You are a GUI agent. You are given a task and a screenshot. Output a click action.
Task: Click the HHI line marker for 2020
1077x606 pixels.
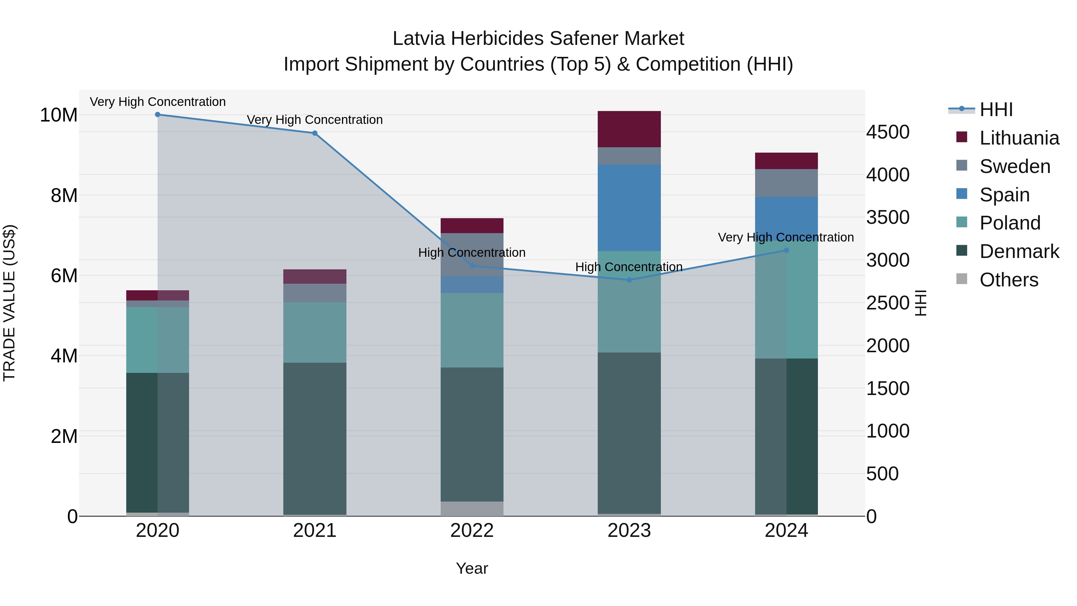[x=158, y=115]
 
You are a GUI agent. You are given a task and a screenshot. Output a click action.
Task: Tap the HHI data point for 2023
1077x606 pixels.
[x=629, y=280]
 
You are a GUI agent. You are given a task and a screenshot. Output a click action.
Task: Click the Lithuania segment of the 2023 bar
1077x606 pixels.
[x=629, y=129]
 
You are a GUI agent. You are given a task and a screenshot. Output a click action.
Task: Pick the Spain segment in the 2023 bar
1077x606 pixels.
[x=629, y=208]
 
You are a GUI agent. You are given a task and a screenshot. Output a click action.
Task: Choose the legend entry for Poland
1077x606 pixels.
[x=1010, y=223]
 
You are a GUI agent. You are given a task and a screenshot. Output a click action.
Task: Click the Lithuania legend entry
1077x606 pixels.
[x=1019, y=138]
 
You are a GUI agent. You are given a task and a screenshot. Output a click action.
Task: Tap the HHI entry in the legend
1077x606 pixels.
[x=996, y=110]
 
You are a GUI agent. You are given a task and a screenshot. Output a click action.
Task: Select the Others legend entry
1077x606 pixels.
[x=1008, y=280]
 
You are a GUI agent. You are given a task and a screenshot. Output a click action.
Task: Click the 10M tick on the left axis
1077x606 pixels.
[x=59, y=115]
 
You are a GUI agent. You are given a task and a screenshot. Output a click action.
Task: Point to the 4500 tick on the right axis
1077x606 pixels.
[x=888, y=132]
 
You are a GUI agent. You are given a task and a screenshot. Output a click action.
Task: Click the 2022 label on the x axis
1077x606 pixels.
[x=472, y=531]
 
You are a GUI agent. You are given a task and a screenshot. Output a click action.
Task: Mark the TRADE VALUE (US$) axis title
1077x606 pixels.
[x=10, y=303]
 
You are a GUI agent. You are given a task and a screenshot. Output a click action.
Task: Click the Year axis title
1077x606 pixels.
[x=472, y=568]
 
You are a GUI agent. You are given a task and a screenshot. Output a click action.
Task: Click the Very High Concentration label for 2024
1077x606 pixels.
[x=786, y=237]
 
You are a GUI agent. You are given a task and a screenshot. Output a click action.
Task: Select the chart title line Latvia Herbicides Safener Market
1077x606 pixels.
[x=538, y=39]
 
